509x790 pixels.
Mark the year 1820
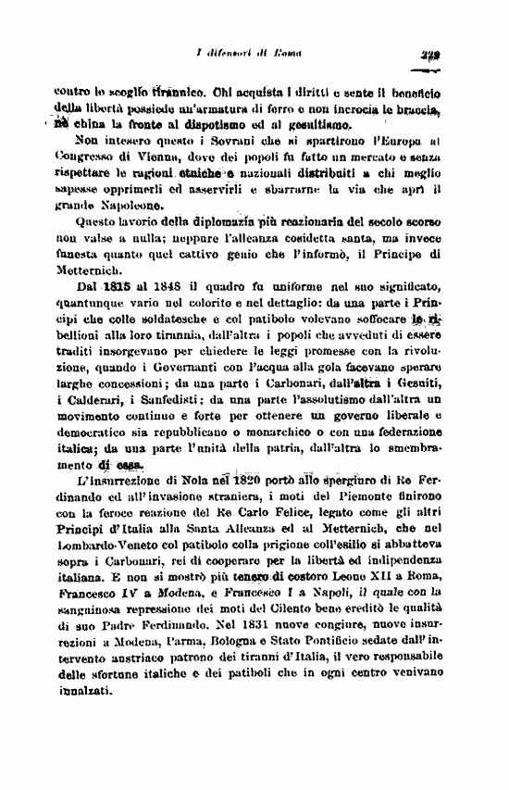[x=245, y=483]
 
